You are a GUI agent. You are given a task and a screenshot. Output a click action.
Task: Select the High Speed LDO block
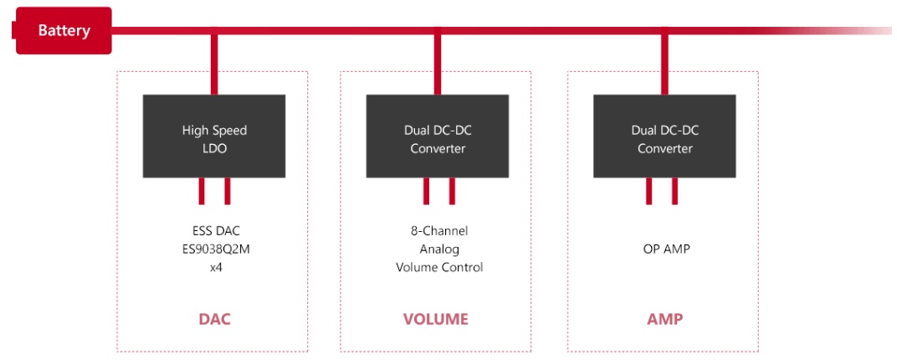[214, 136]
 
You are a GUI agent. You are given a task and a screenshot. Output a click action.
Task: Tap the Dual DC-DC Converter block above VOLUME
[437, 136]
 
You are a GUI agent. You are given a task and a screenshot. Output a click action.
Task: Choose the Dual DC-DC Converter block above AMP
[664, 136]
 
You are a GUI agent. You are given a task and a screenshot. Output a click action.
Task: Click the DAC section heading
[214, 319]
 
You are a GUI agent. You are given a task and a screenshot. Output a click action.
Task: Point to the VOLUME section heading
[436, 319]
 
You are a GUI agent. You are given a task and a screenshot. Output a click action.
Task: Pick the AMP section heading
[664, 319]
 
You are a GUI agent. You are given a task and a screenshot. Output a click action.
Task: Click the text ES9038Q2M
[214, 249]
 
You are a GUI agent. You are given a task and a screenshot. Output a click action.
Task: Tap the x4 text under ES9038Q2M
[214, 268]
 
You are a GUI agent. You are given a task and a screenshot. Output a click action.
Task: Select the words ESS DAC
[214, 231]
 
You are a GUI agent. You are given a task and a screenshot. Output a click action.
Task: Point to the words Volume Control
[439, 268]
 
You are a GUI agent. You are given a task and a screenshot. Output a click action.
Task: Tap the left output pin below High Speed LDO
[202, 191]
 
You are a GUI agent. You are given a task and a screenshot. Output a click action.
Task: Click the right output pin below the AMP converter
[675, 191]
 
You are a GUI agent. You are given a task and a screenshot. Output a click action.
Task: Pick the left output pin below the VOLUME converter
[426, 191]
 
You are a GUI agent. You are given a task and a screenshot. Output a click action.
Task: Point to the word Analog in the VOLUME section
[439, 249]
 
